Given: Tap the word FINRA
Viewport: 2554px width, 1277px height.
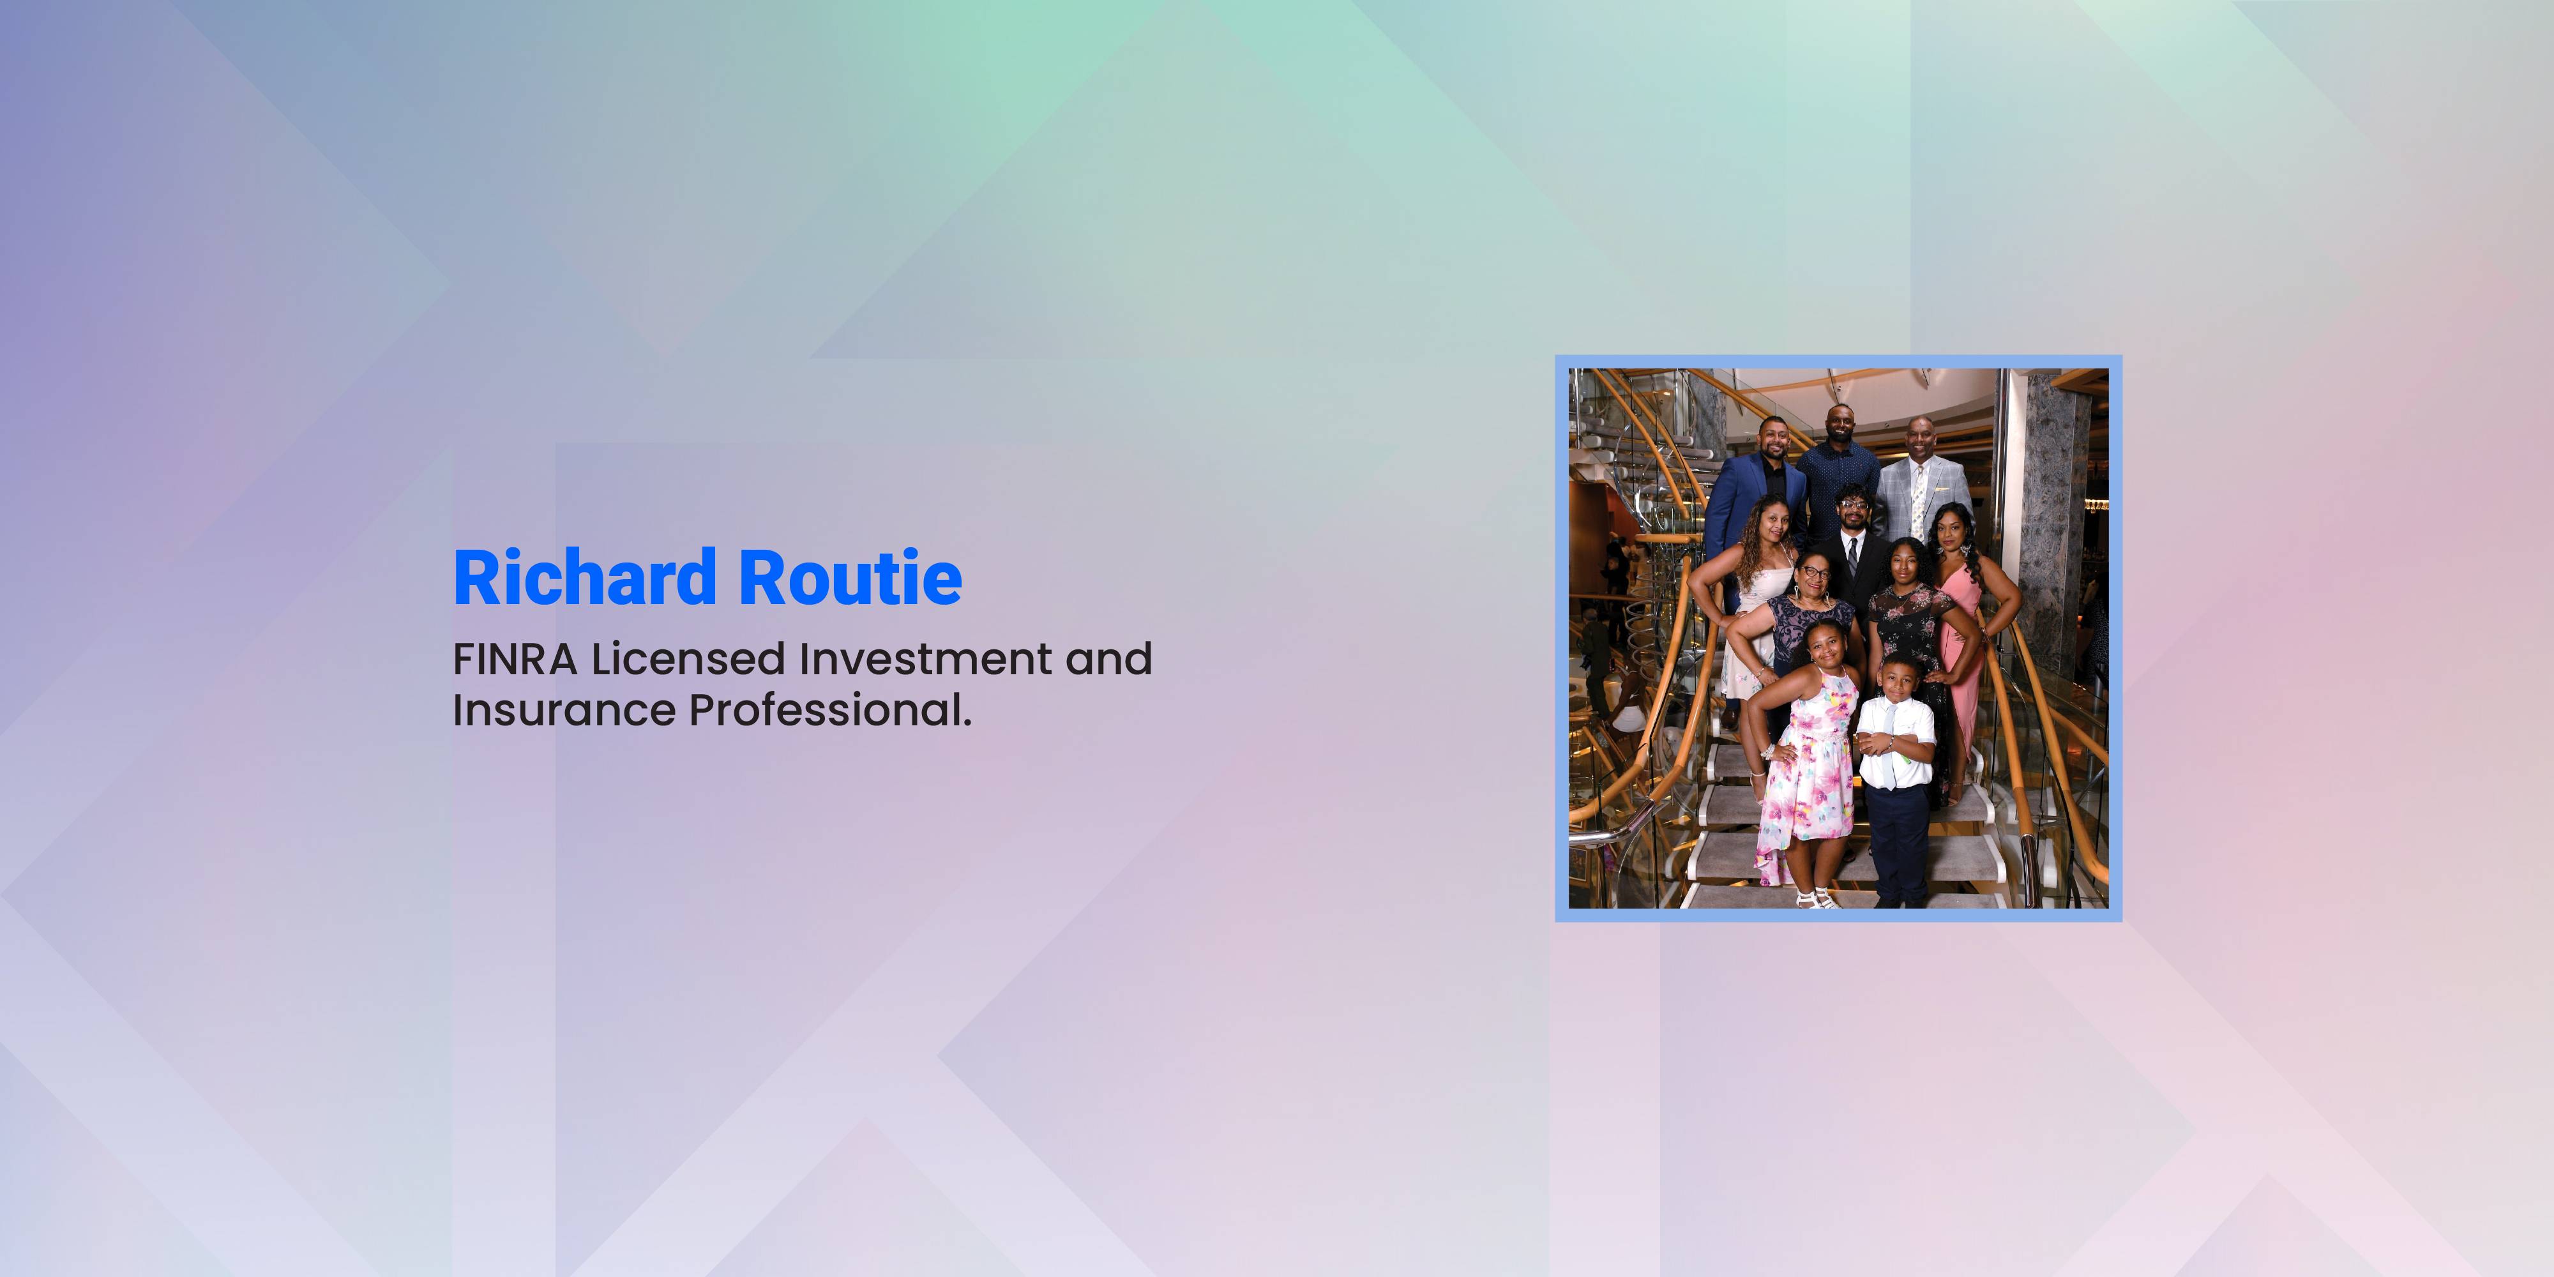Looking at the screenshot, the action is tap(515, 660).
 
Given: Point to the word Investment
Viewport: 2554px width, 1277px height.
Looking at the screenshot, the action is tap(925, 660).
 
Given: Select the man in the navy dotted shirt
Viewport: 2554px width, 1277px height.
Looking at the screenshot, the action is tap(1839, 476).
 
